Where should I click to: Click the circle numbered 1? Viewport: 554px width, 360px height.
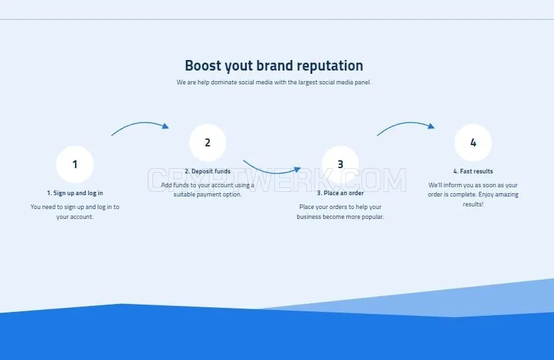point(75,164)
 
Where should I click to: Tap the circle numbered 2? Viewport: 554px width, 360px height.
point(208,142)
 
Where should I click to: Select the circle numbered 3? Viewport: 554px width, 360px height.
point(340,164)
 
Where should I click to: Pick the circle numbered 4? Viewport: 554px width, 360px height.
point(473,142)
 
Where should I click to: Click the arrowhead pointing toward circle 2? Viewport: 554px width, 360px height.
point(166,126)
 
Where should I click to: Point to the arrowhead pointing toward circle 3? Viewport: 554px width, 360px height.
point(297,169)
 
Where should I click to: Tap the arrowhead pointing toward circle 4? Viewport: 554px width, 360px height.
point(431,126)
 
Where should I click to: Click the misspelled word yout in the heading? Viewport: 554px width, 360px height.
point(239,67)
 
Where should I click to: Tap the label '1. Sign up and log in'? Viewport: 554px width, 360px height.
point(75,193)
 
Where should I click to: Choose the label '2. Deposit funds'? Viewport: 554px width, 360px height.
point(208,171)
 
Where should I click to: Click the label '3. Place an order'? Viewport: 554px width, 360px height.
point(340,193)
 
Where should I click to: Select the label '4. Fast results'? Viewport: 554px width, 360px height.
point(473,171)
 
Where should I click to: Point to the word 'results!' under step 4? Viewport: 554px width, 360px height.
point(473,204)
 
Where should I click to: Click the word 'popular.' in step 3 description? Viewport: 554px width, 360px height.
point(372,217)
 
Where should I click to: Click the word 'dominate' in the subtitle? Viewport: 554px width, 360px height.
point(224,82)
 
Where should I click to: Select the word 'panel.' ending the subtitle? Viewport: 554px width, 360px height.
point(363,82)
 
